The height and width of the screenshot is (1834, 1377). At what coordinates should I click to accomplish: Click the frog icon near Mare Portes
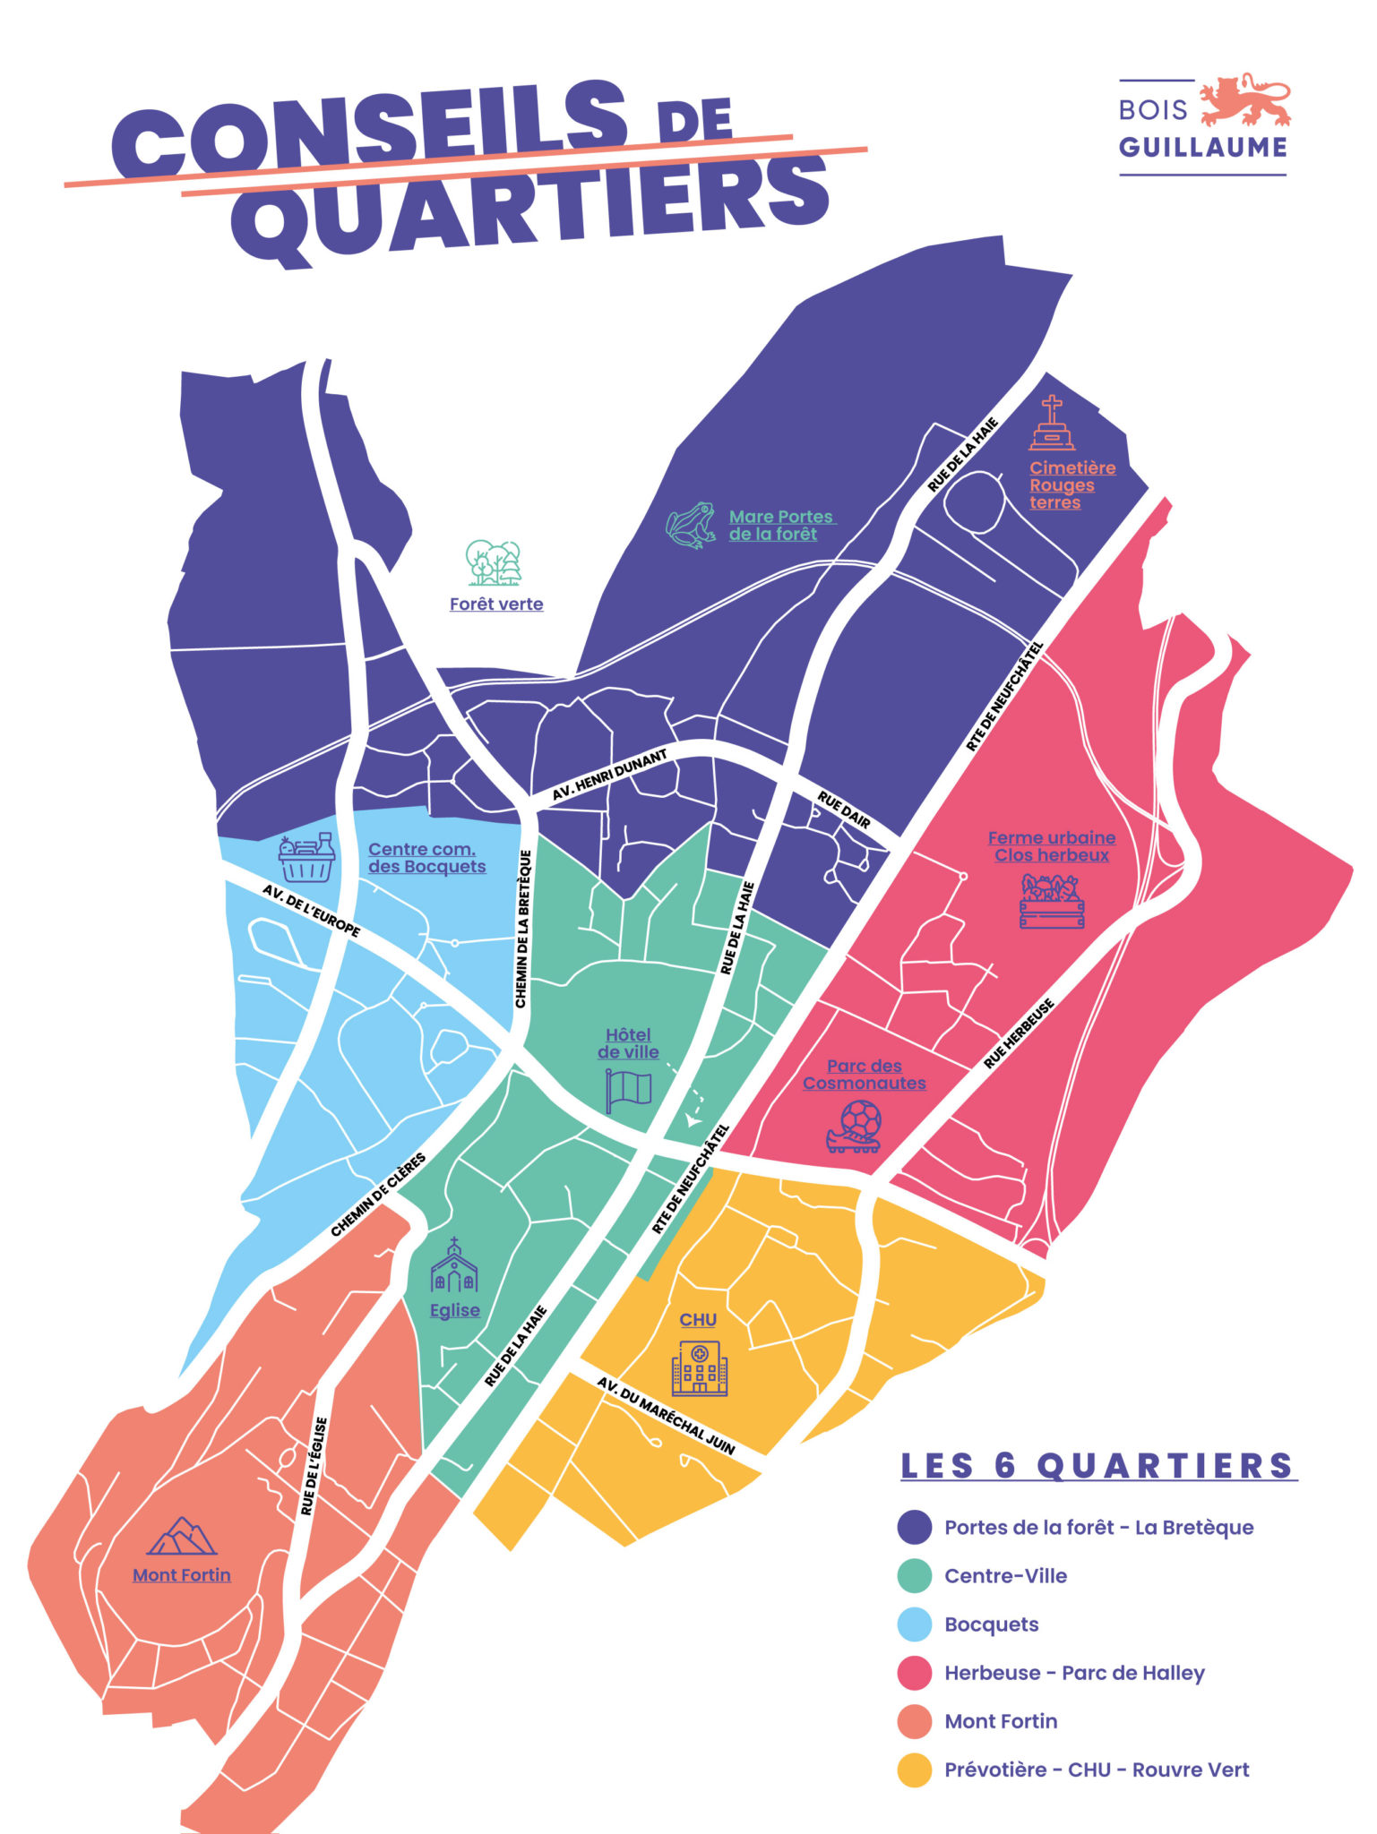pyautogui.click(x=691, y=525)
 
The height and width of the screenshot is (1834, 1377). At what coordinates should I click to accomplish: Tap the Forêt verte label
pyautogui.click(x=496, y=604)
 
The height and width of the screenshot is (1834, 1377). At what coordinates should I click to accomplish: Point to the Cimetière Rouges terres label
pyautogui.click(x=1071, y=484)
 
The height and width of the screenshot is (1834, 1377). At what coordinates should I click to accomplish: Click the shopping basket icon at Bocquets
pyautogui.click(x=306, y=858)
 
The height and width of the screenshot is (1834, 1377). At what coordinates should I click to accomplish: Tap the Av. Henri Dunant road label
pyautogui.click(x=609, y=776)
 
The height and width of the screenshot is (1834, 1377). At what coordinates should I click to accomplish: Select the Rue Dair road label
pyautogui.click(x=843, y=810)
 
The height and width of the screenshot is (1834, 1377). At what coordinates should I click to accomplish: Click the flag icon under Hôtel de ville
pyautogui.click(x=629, y=1090)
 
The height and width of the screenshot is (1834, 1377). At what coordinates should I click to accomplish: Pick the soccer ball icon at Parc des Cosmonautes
pyautogui.click(x=856, y=1126)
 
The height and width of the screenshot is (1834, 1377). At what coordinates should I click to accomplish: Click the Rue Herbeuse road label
pyautogui.click(x=1019, y=1034)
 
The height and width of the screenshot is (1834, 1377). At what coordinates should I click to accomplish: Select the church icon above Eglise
pyautogui.click(x=454, y=1266)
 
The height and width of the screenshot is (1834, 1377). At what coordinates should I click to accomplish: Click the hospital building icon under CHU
pyautogui.click(x=700, y=1367)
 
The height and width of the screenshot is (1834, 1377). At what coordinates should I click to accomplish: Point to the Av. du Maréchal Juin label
pyautogui.click(x=666, y=1416)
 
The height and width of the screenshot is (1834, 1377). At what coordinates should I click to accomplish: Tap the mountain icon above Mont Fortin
pyautogui.click(x=182, y=1537)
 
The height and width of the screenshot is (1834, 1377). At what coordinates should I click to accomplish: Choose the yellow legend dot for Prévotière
pyautogui.click(x=915, y=1770)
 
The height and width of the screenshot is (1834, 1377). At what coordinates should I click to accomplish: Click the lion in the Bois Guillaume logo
pyautogui.click(x=1244, y=101)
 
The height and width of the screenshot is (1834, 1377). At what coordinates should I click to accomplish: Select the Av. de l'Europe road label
pyautogui.click(x=312, y=911)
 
